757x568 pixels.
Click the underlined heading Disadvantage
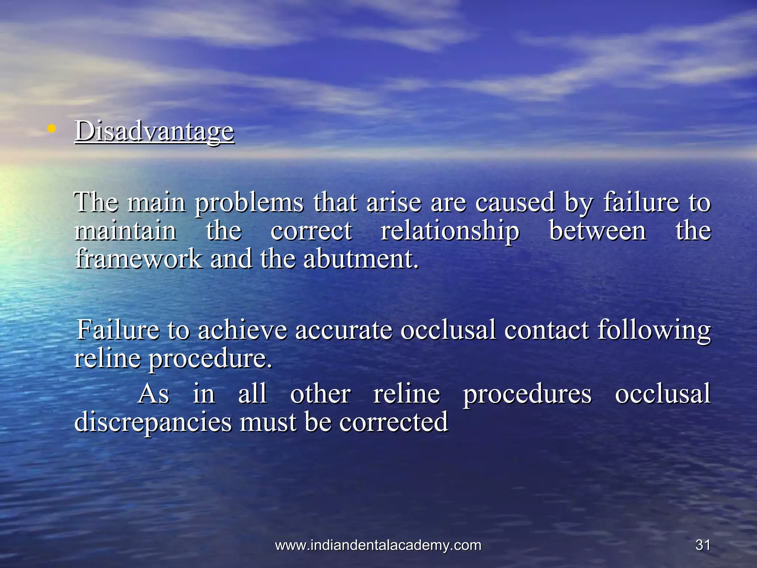point(155,131)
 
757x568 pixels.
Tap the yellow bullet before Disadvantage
point(52,129)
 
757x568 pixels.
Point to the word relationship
point(450,231)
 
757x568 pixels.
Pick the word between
point(598,231)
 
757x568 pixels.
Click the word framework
point(139,258)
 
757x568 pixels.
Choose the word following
point(654,330)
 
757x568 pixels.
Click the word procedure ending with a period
point(210,359)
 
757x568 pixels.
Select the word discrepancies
point(153,423)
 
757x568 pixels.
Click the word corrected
point(394,422)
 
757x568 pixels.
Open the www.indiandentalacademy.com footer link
point(378,545)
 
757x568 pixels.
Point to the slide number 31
point(703,545)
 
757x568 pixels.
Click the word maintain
point(126,231)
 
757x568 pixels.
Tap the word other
point(320,394)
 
